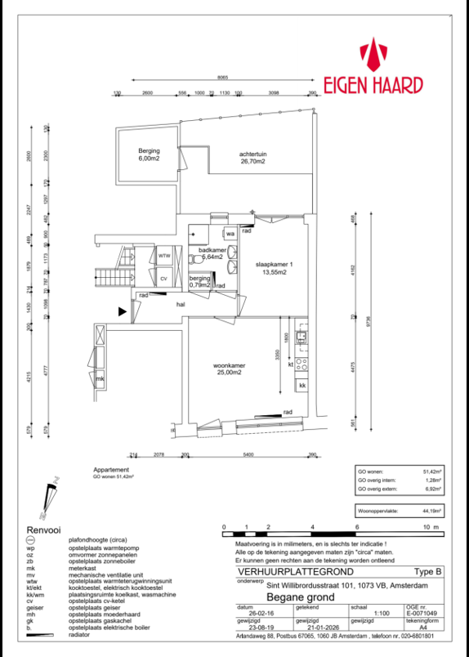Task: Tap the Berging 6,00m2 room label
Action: click(149, 155)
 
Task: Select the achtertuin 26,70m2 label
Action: click(254, 158)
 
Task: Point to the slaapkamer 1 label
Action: click(274, 269)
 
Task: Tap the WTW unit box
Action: click(164, 256)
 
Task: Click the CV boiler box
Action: click(164, 279)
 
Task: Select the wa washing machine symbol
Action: click(230, 235)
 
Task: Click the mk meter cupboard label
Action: click(100, 380)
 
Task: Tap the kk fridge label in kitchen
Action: click(302, 385)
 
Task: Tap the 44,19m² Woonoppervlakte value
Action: click(432, 511)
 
